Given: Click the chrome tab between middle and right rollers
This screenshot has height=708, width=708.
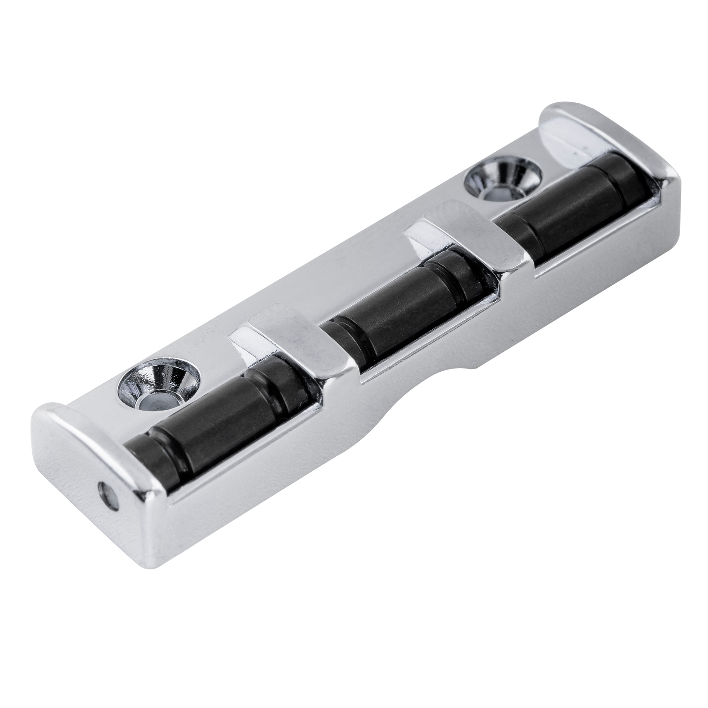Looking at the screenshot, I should pos(469,239).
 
